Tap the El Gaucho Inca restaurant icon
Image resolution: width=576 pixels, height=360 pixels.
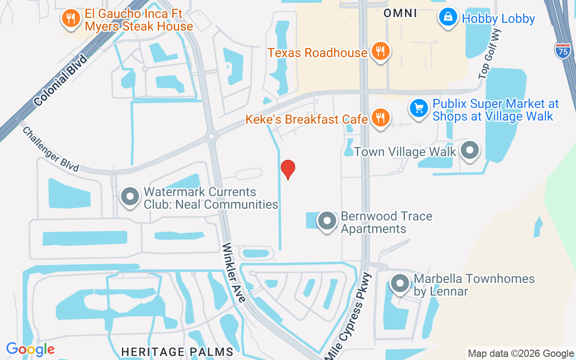tap(71, 18)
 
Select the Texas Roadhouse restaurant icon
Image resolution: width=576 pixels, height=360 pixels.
tap(380, 53)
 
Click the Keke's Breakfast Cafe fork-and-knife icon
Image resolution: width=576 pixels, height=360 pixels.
tap(381, 119)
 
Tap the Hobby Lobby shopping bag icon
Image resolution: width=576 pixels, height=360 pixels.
tap(448, 17)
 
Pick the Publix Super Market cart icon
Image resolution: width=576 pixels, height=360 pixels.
tap(419, 108)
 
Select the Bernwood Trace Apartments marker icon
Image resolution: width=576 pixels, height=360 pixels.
tap(327, 221)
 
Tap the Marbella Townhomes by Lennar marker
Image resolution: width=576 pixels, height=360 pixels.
tap(400, 284)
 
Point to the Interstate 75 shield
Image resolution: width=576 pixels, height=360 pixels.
tap(562, 50)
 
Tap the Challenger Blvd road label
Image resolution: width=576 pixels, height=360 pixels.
tap(51, 149)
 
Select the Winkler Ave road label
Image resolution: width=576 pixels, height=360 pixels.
tap(234, 273)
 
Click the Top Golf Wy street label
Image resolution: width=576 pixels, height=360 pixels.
tap(490, 53)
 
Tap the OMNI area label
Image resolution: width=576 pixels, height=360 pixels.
tap(400, 13)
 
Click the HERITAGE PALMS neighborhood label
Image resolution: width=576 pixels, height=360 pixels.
tap(177, 351)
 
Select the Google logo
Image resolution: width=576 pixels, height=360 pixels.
tap(30, 349)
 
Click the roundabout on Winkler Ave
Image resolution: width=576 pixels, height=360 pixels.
tap(211, 135)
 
